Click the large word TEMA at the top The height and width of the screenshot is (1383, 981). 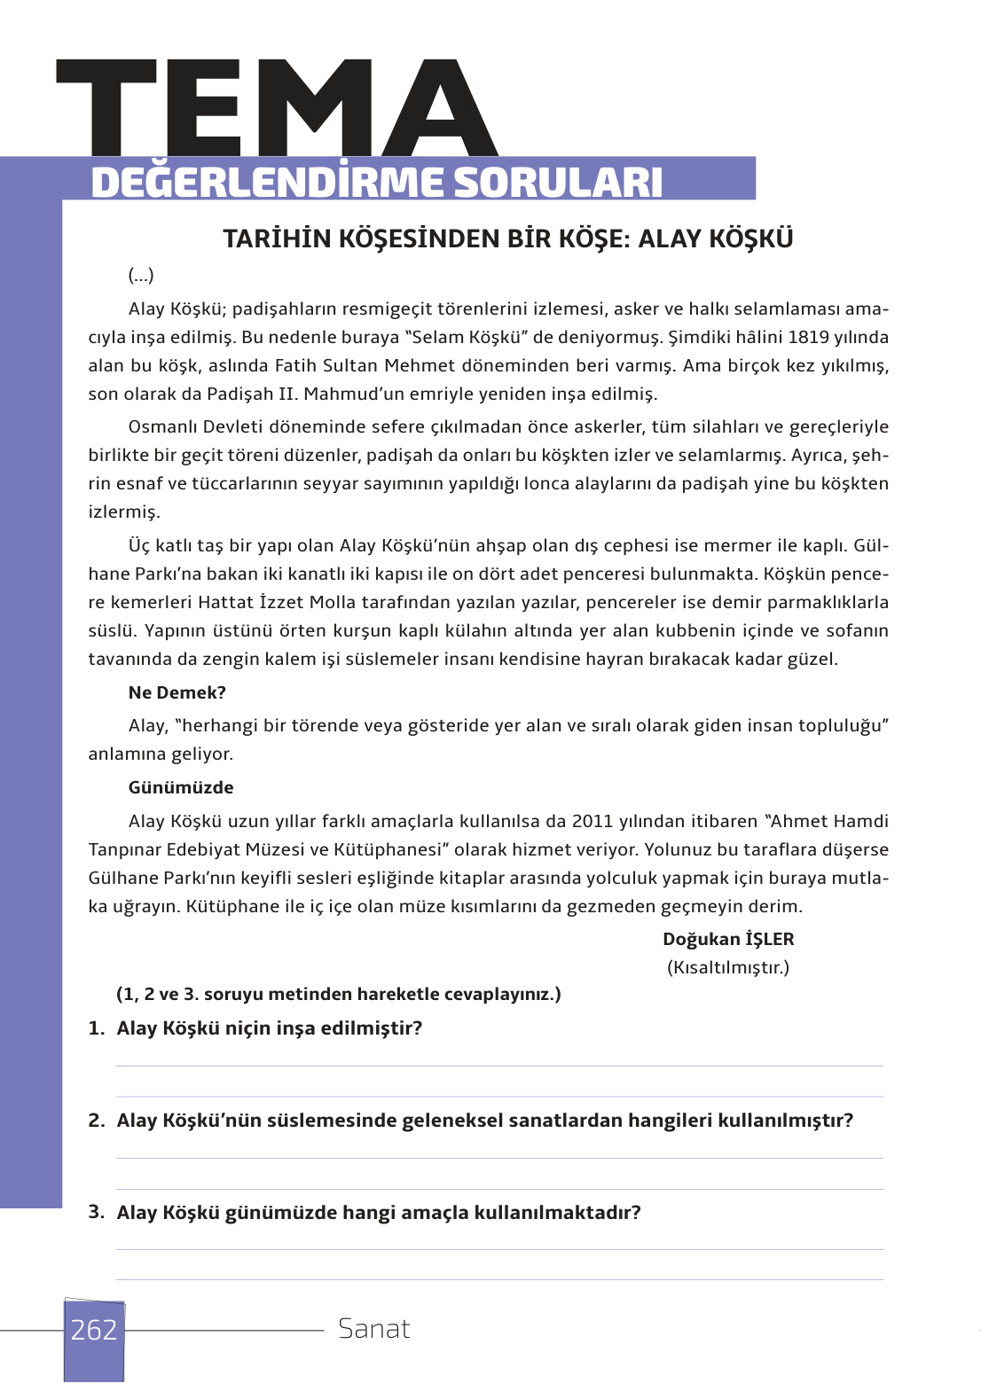(277, 108)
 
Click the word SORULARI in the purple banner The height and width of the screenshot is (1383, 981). (558, 183)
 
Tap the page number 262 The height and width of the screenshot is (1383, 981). (94, 1330)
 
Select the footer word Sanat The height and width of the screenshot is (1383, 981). (374, 1329)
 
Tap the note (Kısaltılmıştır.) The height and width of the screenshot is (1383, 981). (728, 968)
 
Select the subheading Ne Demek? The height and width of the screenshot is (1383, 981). (177, 693)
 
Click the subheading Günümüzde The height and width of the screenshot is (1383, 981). (181, 788)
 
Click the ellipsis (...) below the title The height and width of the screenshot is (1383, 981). (141, 276)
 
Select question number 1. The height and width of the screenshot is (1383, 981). (97, 1028)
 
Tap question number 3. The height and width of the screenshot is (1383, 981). (97, 1212)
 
